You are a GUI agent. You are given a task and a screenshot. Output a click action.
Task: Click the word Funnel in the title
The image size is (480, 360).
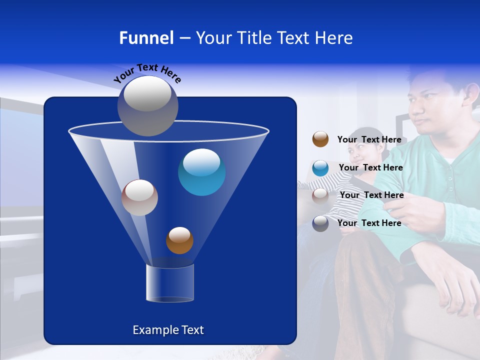coord(146,38)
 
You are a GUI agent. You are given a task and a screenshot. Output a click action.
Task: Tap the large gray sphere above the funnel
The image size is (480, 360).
coord(148,105)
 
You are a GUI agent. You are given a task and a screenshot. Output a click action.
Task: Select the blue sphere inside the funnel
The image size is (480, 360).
coord(202,172)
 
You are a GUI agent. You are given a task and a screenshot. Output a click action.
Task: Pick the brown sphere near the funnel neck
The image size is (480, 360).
coord(179,240)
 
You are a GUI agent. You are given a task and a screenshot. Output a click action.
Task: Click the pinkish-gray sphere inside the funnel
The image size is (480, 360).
coord(139,197)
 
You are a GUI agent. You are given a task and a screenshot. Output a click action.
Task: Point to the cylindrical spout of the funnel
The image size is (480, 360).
coord(170,283)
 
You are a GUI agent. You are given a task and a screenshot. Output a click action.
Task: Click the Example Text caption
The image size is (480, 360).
coord(168,330)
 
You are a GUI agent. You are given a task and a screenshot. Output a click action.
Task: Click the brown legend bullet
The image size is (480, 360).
coord(320,139)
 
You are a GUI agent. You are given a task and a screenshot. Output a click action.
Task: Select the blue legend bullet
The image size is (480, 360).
coord(320,168)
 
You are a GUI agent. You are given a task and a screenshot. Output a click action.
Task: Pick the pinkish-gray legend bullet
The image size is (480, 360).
coord(320,195)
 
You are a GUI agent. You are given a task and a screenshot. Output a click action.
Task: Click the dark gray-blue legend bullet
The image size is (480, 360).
coord(320,223)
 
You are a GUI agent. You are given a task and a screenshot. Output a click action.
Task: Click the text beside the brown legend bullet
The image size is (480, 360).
coord(369,139)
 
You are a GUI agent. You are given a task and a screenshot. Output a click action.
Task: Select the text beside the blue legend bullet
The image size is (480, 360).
coord(370,167)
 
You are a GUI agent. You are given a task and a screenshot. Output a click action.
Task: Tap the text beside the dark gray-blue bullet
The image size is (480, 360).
coord(369,223)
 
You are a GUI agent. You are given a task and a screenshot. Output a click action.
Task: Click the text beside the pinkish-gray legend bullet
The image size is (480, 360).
coord(371,195)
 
